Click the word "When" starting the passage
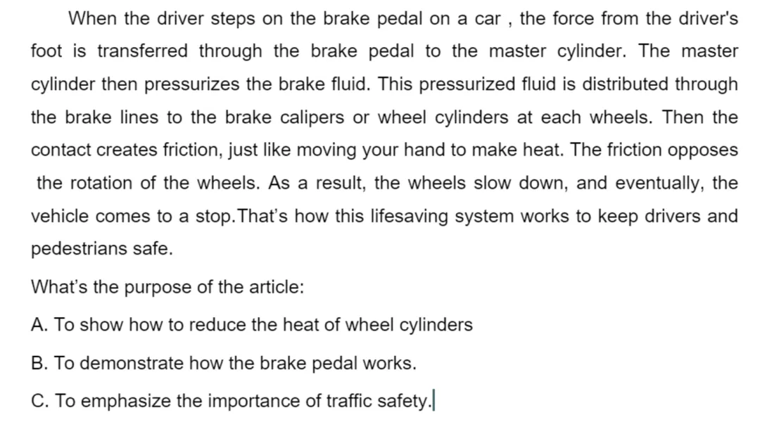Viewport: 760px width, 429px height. click(x=92, y=18)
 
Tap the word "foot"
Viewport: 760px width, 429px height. click(x=46, y=51)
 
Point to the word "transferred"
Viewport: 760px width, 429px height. click(x=142, y=51)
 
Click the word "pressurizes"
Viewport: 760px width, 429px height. click(x=192, y=84)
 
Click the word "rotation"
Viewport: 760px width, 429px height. click(x=101, y=183)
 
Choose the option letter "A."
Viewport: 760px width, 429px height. click(x=39, y=325)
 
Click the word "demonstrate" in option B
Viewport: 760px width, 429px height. click(x=132, y=363)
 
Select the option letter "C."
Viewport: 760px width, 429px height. click(x=39, y=401)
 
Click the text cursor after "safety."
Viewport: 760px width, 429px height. click(x=433, y=400)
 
